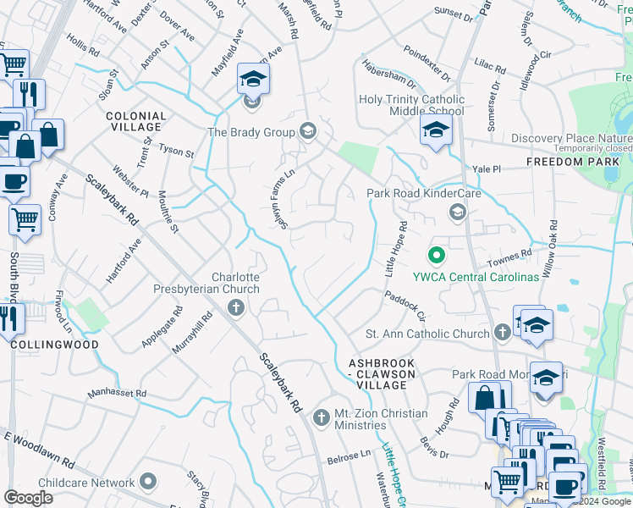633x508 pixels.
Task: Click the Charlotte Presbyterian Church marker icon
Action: coord(235,306)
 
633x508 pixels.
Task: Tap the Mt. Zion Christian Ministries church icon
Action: coord(320,417)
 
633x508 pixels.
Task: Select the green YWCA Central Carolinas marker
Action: coord(437,253)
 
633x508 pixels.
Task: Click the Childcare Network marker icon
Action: coord(149,482)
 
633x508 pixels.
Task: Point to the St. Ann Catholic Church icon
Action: coord(503,333)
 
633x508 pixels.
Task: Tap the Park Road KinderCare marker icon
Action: coord(458,211)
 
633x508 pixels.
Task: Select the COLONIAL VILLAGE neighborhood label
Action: coord(135,122)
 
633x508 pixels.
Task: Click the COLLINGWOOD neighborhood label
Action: coord(54,345)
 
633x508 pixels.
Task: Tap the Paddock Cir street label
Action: coord(405,305)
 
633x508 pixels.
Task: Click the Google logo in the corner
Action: coord(29,497)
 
